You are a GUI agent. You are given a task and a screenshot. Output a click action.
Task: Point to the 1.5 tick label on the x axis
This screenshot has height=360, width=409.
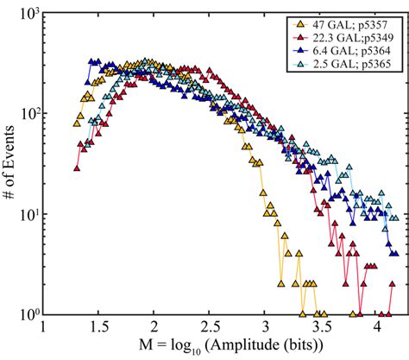[99, 328]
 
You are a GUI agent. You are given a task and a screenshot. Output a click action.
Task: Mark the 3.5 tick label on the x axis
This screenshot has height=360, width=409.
[322, 328]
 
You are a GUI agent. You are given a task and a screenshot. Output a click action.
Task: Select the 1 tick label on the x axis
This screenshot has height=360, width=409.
[44, 328]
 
